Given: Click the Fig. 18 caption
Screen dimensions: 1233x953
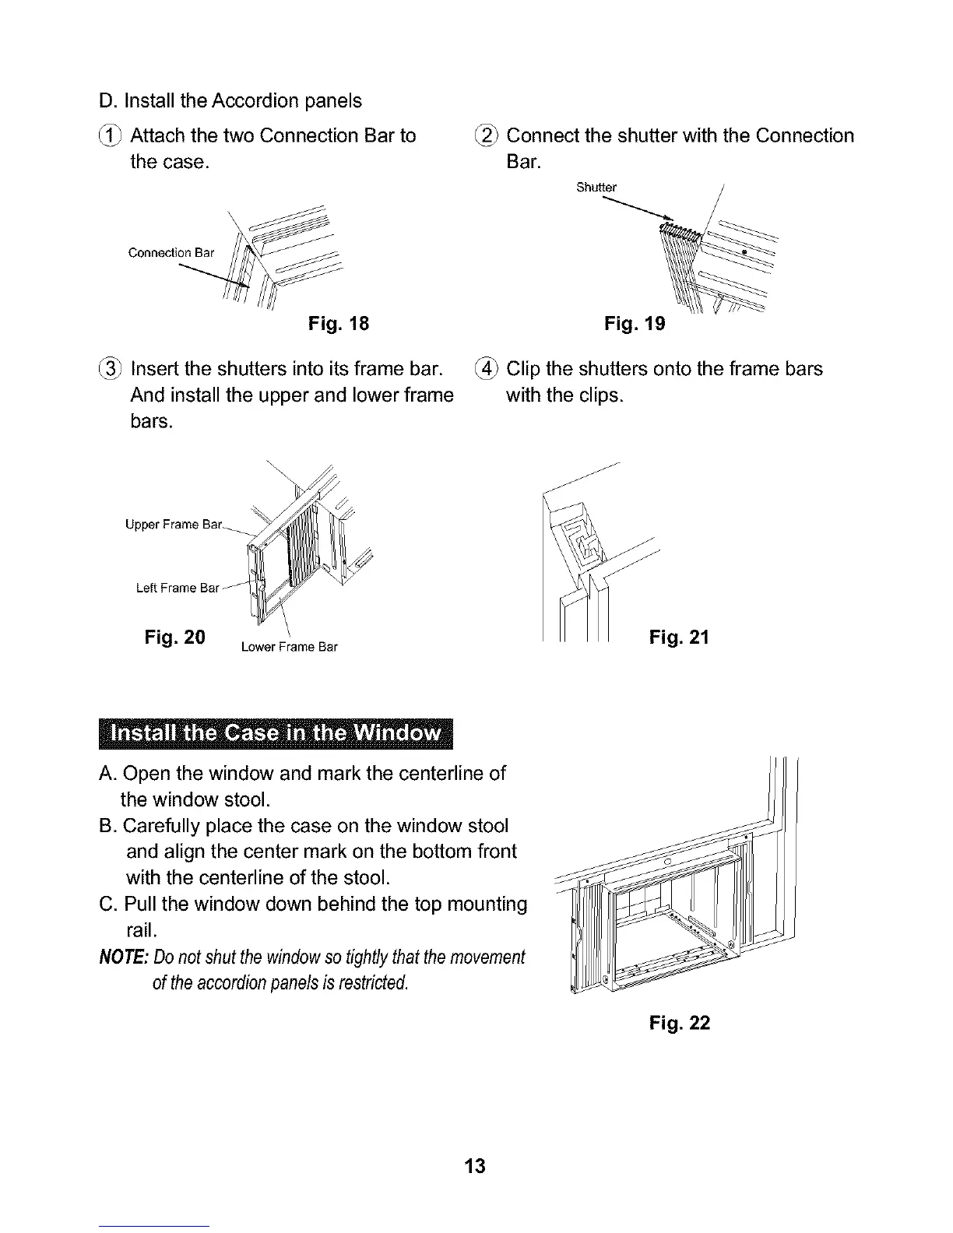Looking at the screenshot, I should pos(338,323).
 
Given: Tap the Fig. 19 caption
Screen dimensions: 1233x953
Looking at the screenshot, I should pos(635,323).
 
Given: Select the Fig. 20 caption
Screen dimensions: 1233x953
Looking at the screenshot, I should pos(175,638).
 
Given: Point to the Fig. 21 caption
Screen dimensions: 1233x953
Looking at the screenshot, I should pos(679,638).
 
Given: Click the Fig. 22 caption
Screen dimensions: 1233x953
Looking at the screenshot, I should pos(679,1022).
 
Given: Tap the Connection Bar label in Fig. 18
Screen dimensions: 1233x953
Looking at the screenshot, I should pos(171,252).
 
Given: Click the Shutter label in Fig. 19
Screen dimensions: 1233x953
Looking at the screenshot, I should pos(596,187).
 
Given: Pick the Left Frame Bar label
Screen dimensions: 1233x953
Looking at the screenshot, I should pos(177,588).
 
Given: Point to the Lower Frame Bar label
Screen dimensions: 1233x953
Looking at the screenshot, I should pos(289,647).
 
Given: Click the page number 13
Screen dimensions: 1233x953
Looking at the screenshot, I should pos(474,1165).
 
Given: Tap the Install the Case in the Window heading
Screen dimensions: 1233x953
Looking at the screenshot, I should pos(276,734).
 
